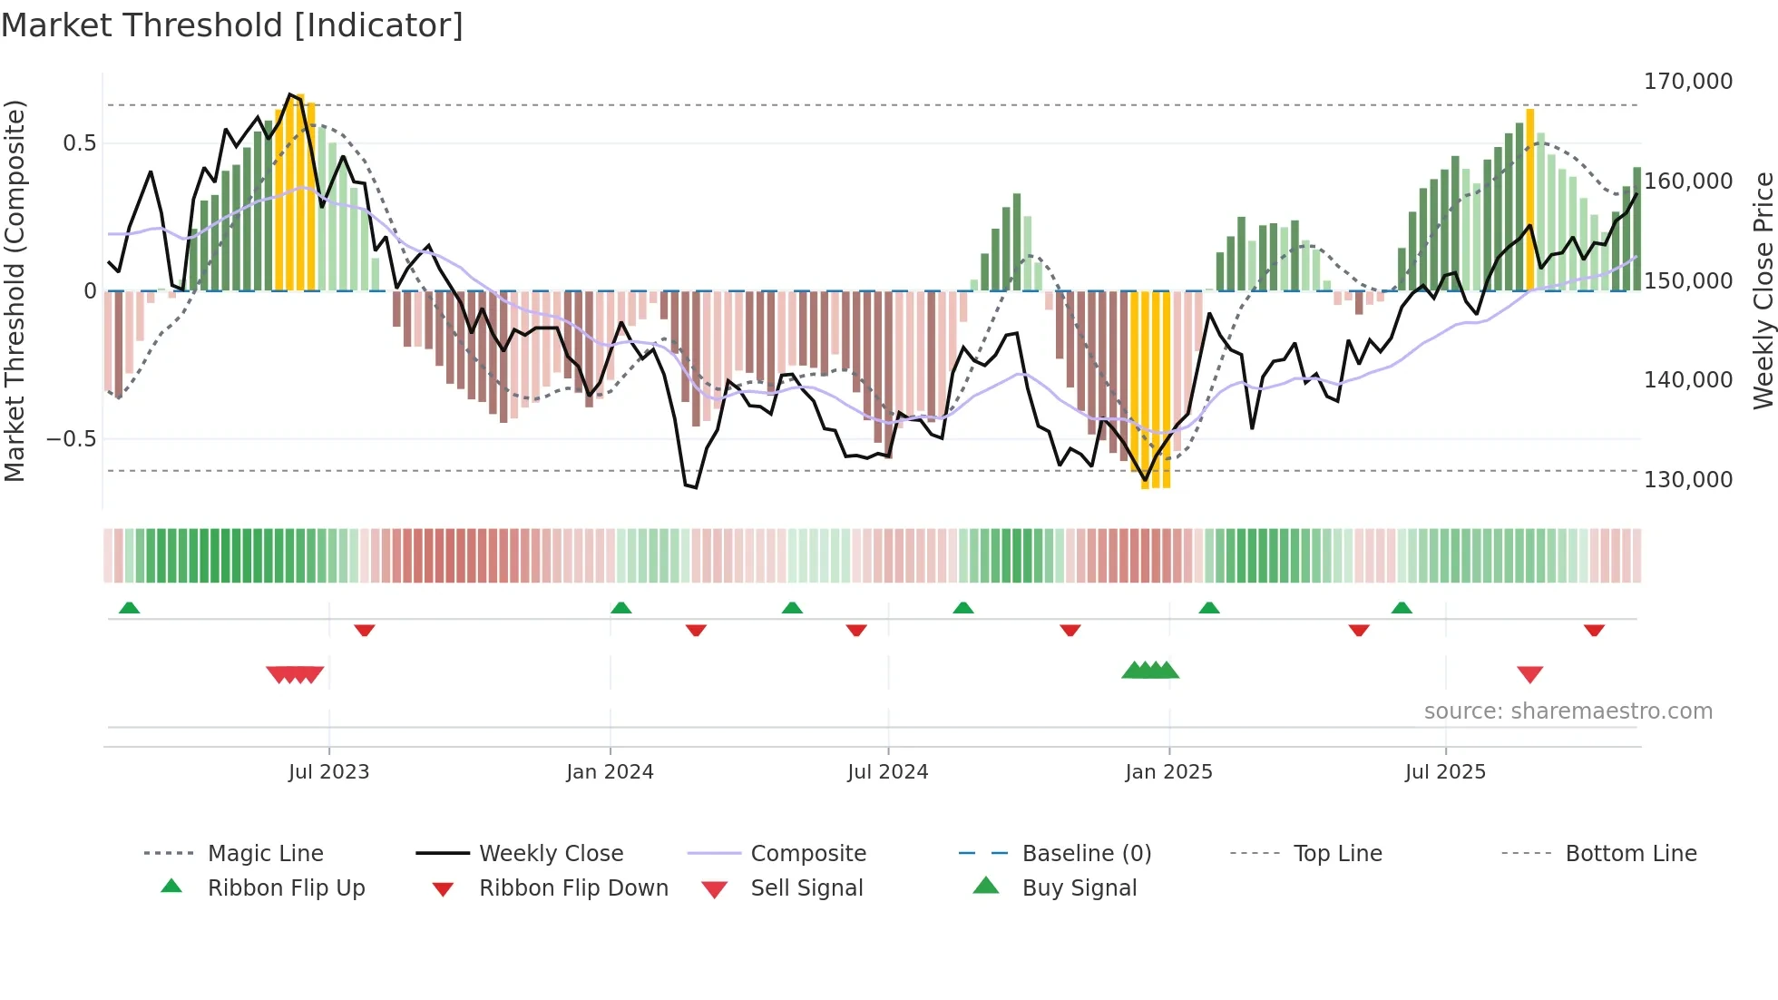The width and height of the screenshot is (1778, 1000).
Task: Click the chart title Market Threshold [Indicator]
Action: (x=232, y=25)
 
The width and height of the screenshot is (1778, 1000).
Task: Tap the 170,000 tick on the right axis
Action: (x=1687, y=82)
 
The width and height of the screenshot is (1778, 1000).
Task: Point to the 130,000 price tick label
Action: (x=1687, y=479)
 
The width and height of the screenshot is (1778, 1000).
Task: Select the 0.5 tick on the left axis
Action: (x=80, y=143)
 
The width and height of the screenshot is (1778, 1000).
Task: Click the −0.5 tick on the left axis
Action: (x=72, y=439)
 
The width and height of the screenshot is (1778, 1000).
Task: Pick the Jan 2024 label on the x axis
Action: (x=610, y=772)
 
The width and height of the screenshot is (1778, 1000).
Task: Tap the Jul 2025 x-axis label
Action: (x=1445, y=772)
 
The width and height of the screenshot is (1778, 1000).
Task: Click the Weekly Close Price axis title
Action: (x=1763, y=290)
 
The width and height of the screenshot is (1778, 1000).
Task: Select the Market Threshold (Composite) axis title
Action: (x=15, y=290)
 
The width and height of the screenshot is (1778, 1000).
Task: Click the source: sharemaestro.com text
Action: (x=1568, y=711)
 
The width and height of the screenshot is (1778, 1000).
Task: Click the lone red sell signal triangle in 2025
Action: (x=1529, y=674)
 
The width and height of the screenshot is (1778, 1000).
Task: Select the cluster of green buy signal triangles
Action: (x=1150, y=671)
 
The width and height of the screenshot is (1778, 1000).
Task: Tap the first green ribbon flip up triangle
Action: (x=129, y=608)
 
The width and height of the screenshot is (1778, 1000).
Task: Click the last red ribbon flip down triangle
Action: (x=1594, y=630)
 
